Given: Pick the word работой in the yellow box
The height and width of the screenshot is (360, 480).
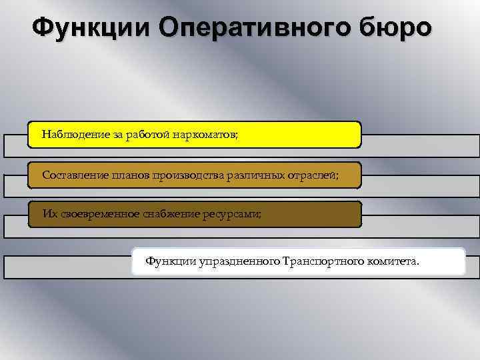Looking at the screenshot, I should [147, 135].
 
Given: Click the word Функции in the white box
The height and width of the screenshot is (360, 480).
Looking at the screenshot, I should [171, 261].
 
